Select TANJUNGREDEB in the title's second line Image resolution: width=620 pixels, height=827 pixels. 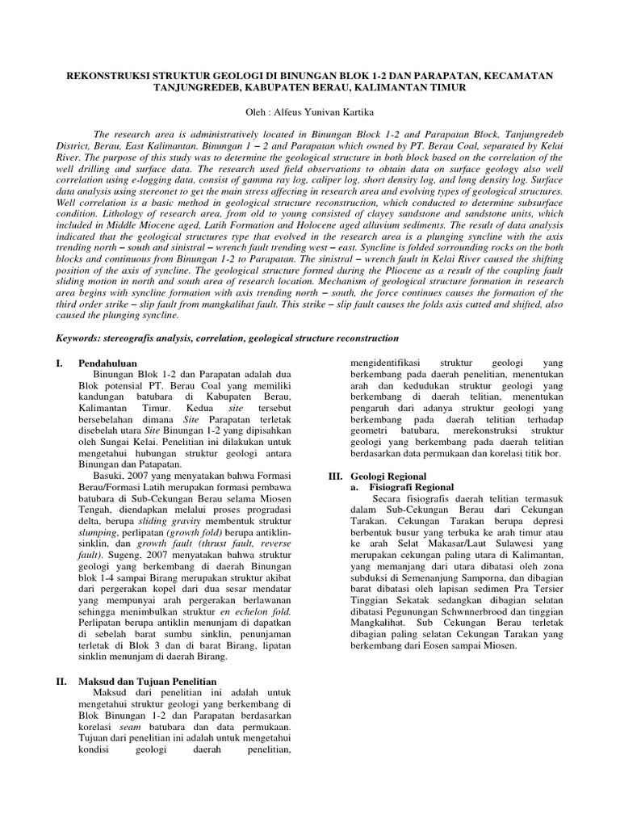pyautogui.click(x=202, y=87)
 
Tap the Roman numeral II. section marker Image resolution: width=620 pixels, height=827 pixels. pyautogui.click(x=61, y=682)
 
